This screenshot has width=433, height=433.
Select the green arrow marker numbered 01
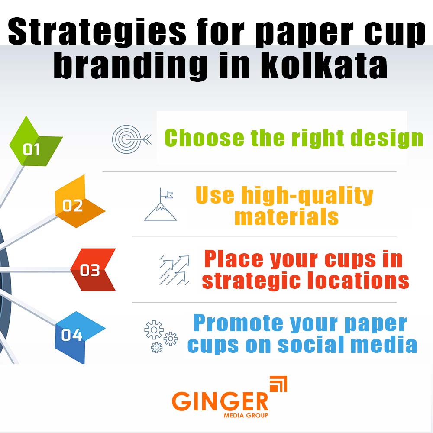[32, 147]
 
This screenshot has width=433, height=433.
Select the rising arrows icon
[174, 269]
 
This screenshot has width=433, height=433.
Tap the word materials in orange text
[286, 216]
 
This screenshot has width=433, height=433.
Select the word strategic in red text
[246, 281]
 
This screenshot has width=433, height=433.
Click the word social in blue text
[310, 345]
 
